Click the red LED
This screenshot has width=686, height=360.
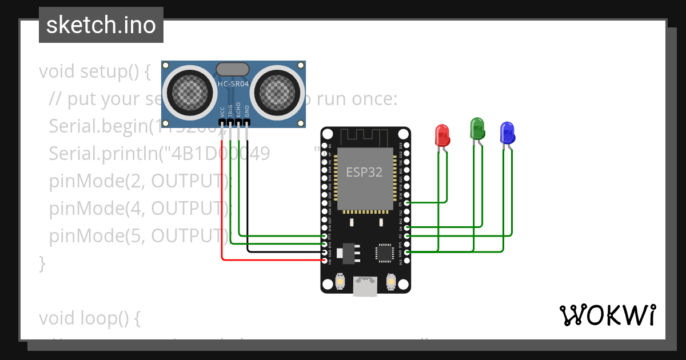pos(442,135)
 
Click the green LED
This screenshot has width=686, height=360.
pos(477,128)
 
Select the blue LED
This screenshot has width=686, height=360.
pos(507,133)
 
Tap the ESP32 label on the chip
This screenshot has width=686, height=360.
pos(364,171)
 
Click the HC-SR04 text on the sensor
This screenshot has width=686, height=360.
pos(233,84)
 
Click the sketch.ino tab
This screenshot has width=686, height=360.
pos(101,25)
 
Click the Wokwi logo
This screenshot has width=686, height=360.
pos(607,315)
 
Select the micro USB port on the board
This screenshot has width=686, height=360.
pos(365,286)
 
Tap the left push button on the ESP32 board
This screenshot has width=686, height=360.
pos(340,282)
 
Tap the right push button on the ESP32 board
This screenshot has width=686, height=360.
pos(392,282)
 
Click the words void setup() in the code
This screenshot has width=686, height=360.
pos(94,72)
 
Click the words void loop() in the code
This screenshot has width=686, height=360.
pos(90,318)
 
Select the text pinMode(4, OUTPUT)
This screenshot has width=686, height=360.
pos(137,208)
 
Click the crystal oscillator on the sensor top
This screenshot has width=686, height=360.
pos(233,69)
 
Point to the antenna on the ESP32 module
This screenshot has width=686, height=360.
pos(365,138)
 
